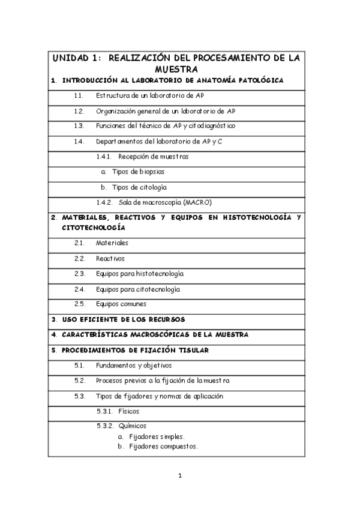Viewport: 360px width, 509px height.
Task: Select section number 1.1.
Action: pos(79,95)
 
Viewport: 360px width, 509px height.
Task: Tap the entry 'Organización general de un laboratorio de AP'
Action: pos(165,111)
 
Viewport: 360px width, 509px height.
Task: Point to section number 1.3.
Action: pos(79,126)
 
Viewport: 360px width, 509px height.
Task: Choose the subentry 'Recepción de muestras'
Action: pos(153,157)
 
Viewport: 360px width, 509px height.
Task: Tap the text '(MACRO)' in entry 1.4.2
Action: pos(198,202)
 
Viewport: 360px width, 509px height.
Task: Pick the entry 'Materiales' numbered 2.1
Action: pos(112,243)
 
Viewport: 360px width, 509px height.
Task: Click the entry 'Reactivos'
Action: pos(110,259)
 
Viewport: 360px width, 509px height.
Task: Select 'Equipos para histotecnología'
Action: pos(139,274)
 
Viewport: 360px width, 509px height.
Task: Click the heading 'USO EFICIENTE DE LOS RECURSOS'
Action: pos(124,319)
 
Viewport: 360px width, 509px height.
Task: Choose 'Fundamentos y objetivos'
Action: pos(133,365)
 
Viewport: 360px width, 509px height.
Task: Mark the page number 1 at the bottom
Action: pos(179,477)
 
